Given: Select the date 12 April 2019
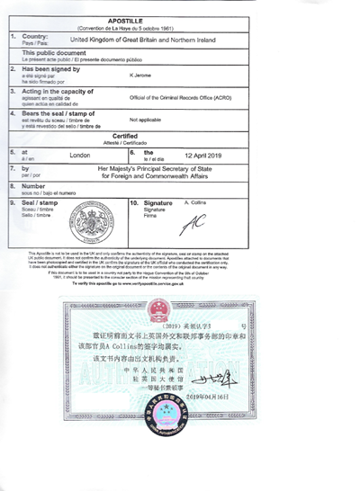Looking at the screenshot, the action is point(202,155).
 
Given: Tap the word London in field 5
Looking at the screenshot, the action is point(81,155).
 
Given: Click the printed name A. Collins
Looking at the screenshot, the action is point(196,204).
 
